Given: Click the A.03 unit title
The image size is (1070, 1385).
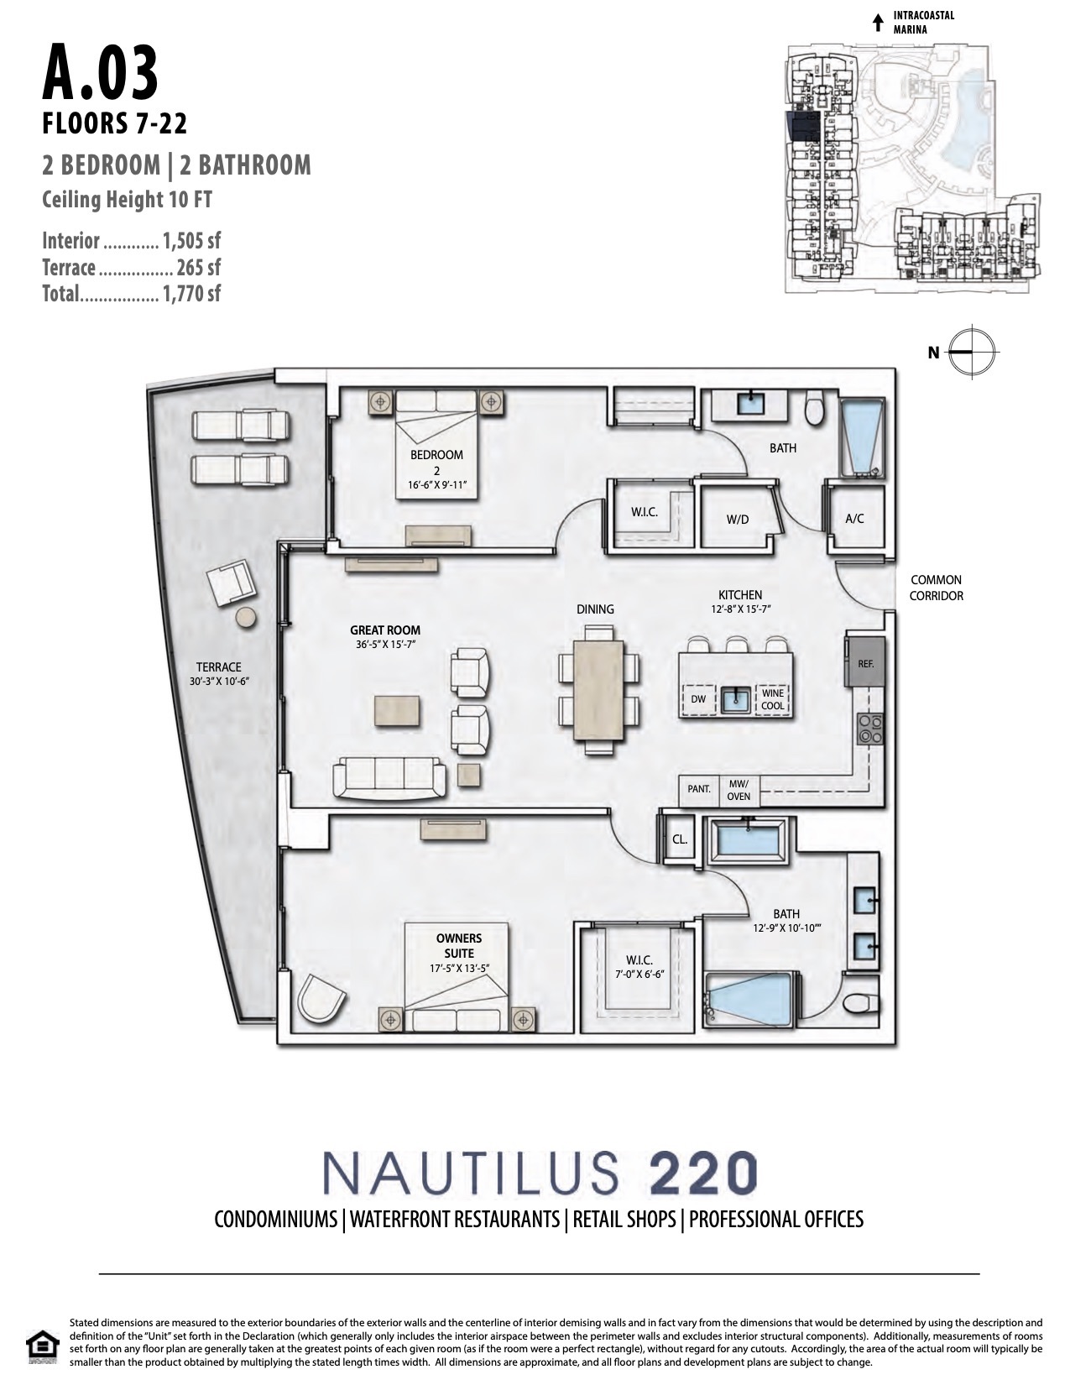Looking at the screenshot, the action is click(x=100, y=73).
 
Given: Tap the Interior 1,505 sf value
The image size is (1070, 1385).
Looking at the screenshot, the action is click(x=191, y=241).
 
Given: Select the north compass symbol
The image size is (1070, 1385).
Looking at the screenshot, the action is click(x=971, y=351).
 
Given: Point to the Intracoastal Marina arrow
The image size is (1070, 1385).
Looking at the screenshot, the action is click(x=878, y=23).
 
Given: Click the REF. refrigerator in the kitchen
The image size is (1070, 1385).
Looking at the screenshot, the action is click(x=864, y=663).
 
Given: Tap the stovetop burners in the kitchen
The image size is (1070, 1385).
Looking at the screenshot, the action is click(x=870, y=729).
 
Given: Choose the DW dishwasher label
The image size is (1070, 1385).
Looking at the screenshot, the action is click(x=698, y=698).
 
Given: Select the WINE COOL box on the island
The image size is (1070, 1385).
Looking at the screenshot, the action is click(x=772, y=699).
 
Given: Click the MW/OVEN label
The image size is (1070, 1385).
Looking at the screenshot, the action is click(x=739, y=791).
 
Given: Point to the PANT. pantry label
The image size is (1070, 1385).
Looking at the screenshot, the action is click(x=698, y=789).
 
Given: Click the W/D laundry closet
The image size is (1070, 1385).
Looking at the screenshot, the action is click(x=738, y=518).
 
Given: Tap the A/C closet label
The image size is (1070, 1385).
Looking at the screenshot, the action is click(x=854, y=519).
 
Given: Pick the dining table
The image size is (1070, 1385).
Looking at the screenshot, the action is click(x=598, y=690).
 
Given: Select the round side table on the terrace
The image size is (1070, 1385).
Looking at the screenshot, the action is click(x=246, y=617).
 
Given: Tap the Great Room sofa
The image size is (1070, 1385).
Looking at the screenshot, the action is click(x=389, y=778).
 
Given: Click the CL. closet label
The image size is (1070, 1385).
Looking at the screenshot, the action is click(x=679, y=839).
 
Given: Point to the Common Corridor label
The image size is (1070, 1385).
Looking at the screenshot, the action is click(x=936, y=588).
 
